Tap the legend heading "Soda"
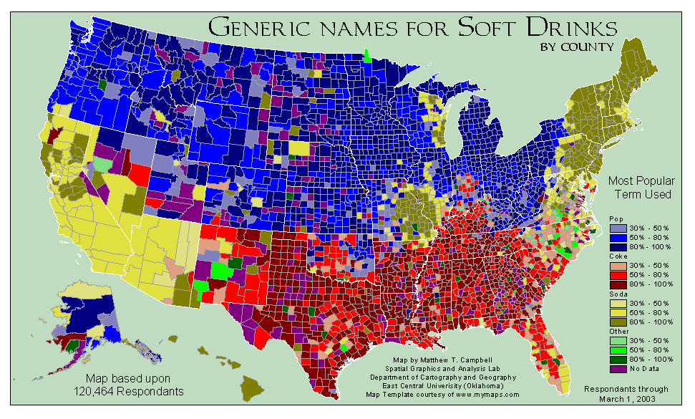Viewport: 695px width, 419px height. tap(617, 294)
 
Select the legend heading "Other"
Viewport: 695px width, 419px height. tap(618, 332)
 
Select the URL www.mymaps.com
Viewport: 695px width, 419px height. tap(486, 394)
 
